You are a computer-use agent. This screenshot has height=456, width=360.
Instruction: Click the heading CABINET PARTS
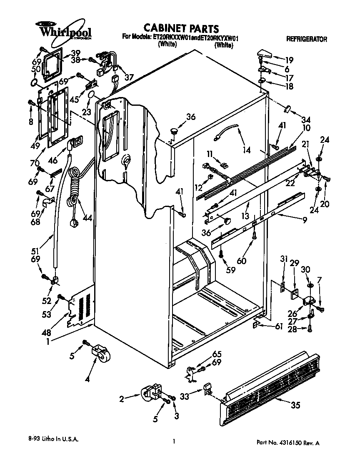click(x=181, y=28)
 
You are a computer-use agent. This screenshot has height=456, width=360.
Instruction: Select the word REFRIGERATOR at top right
click(x=306, y=39)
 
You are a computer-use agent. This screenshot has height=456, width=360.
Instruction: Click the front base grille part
click(x=271, y=387)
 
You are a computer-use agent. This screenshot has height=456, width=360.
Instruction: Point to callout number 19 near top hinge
click(x=289, y=60)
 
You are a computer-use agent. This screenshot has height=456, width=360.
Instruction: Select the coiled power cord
click(x=75, y=187)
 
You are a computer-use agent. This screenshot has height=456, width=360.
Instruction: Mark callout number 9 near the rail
click(x=305, y=220)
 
